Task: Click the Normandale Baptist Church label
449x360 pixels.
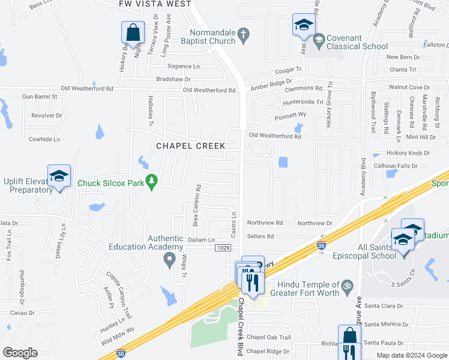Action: (x=211, y=37)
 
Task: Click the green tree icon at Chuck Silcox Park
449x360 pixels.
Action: (x=152, y=179)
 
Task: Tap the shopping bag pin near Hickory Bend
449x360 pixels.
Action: (x=133, y=33)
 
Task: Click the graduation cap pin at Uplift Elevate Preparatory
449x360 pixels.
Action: (x=59, y=176)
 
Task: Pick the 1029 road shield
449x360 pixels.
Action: (x=221, y=248)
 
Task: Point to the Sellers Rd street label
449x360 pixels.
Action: (x=261, y=236)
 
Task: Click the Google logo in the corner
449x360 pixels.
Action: (x=20, y=352)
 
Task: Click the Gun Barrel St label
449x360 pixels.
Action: (x=39, y=96)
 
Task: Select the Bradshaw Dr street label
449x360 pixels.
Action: (x=173, y=79)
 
